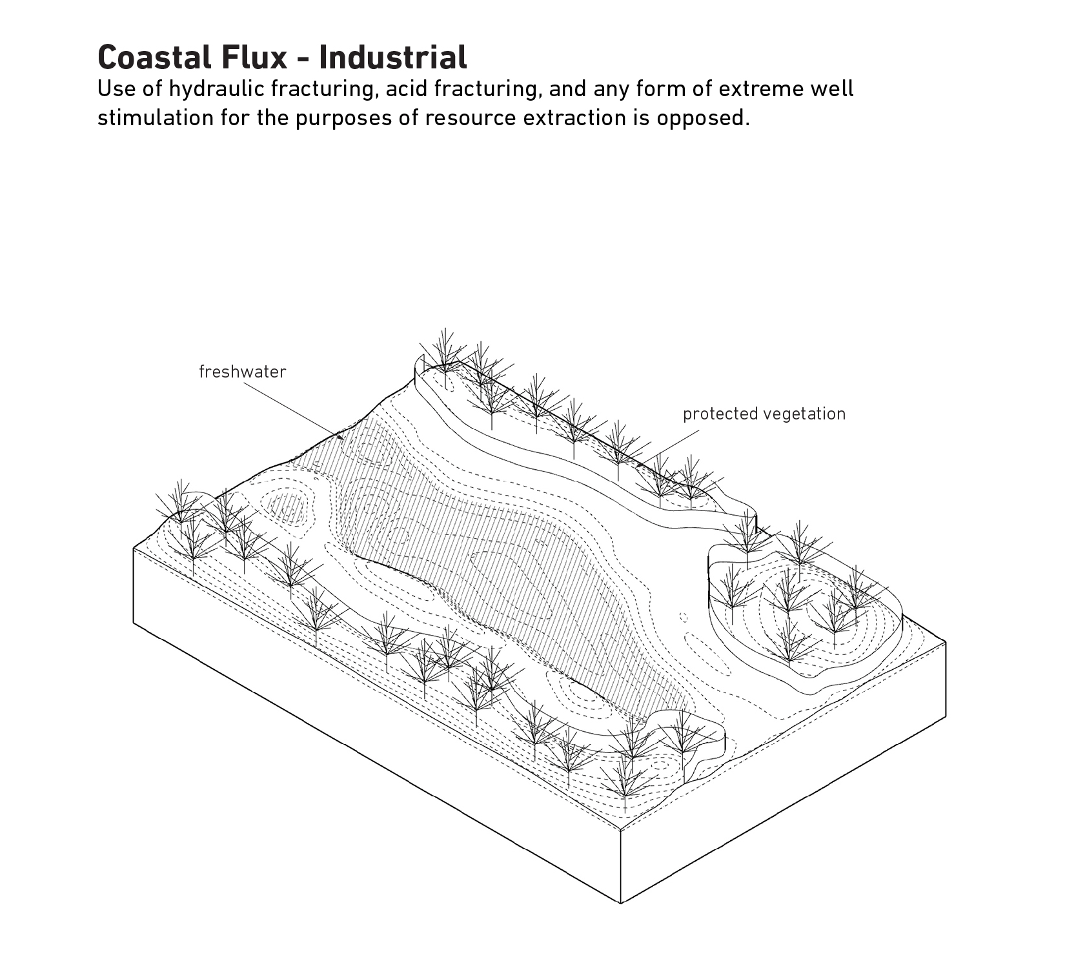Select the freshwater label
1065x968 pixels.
242,372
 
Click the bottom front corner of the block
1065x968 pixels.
620,902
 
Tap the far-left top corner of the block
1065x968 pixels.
134,548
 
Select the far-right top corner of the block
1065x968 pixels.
945,642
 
